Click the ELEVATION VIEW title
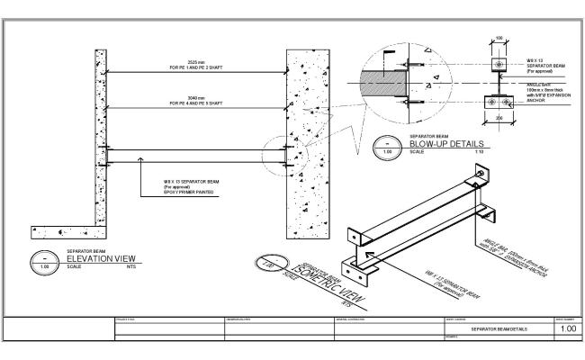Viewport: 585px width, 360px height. click(x=104, y=258)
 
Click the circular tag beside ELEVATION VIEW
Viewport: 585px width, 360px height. click(x=41, y=262)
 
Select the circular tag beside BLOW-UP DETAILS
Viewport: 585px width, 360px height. click(x=387, y=147)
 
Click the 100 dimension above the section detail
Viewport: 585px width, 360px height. click(x=498, y=38)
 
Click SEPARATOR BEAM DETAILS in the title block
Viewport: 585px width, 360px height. click(x=498, y=329)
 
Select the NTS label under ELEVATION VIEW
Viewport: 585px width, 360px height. click(x=131, y=267)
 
